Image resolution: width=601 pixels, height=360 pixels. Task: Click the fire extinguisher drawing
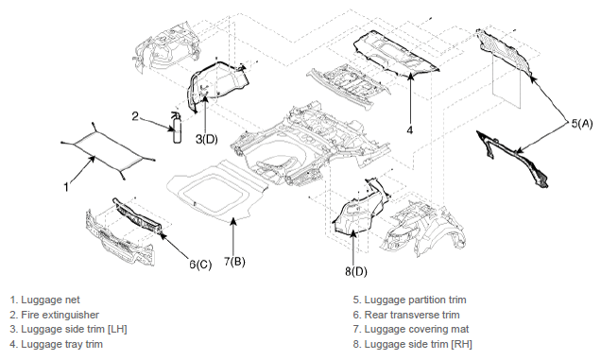177,129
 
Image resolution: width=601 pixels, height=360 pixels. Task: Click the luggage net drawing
108,150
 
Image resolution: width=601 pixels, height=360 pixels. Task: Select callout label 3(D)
207,139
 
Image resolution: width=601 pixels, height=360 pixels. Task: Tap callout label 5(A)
582,124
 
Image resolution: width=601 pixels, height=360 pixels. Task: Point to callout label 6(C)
200,265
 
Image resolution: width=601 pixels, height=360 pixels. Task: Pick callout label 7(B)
234,262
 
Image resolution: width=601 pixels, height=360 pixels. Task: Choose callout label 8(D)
356,271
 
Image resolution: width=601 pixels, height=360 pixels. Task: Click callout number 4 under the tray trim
410,130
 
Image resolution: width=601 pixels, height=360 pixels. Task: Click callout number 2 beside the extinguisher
135,116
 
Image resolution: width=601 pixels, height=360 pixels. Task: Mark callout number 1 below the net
66,187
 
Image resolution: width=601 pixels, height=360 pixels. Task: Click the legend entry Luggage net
44,300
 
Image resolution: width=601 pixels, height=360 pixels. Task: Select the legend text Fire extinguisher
55,315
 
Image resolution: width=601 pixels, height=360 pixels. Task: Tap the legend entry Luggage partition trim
410,300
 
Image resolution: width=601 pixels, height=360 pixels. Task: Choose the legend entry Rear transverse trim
406,315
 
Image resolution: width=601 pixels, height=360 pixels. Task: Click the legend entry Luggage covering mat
411,330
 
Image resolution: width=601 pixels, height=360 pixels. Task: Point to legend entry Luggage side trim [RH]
412,344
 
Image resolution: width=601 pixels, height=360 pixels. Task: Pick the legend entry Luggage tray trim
57,344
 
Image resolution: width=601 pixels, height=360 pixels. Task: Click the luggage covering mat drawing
217,192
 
